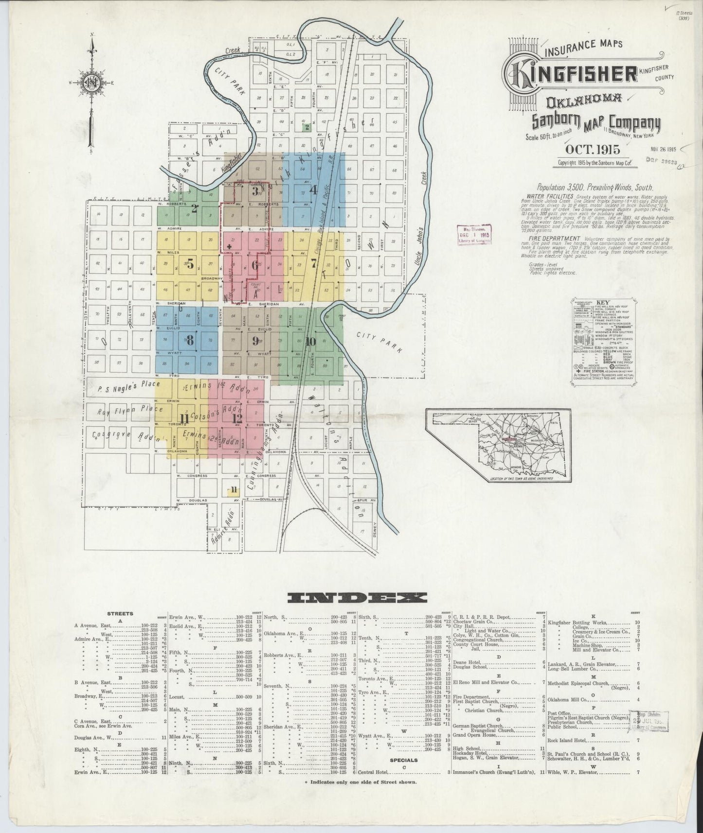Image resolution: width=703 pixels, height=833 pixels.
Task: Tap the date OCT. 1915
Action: pyautogui.click(x=592, y=149)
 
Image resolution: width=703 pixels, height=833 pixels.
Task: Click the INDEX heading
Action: pyautogui.click(x=357, y=598)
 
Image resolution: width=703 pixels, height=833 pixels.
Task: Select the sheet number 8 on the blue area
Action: pyautogui.click(x=189, y=341)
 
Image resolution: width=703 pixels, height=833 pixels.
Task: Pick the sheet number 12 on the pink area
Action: pyautogui.click(x=237, y=418)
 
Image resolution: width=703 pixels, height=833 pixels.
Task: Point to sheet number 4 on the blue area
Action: pyautogui.click(x=314, y=190)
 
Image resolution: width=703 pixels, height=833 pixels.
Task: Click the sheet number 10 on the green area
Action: pyautogui.click(x=311, y=341)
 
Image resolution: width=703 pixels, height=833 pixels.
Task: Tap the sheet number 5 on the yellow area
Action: pyautogui.click(x=190, y=265)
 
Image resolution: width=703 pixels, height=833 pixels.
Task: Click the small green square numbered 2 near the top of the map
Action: pyautogui.click(x=306, y=128)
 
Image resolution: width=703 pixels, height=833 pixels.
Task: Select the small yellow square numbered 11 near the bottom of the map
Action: pyautogui.click(x=234, y=489)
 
